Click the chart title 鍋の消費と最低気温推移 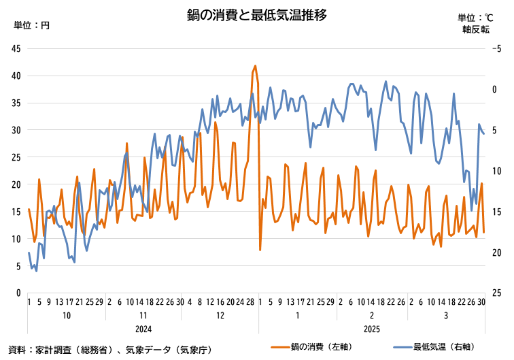point(257,14)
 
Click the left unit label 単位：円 point(32,25)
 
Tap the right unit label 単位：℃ point(475,18)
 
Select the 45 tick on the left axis point(16,48)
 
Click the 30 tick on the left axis point(16,130)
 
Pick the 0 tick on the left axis point(18,293)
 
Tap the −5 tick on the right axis point(496,48)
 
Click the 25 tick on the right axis point(496,293)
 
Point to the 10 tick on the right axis point(496,171)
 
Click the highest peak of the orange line point(255,66)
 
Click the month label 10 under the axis point(67,316)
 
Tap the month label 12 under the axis point(220,316)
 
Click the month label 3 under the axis point(445,316)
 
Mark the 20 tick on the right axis point(496,252)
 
